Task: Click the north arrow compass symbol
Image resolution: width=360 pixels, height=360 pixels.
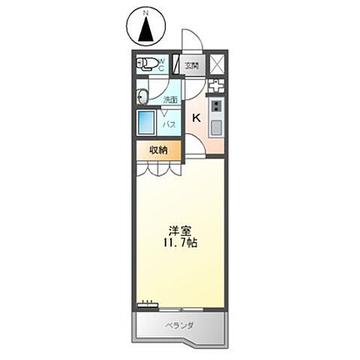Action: click(x=146, y=28)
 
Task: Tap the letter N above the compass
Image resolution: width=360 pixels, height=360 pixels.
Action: click(x=146, y=13)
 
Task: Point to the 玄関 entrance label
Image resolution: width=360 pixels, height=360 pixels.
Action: click(x=191, y=65)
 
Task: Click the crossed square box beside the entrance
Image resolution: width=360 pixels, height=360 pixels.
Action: click(x=217, y=63)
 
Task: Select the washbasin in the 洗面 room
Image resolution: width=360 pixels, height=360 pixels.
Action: click(x=142, y=95)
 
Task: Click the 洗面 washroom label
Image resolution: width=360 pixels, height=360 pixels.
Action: click(x=170, y=99)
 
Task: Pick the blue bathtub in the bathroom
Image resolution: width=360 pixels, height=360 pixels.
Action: click(x=145, y=124)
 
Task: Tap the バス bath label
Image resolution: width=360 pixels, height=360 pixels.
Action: click(x=170, y=124)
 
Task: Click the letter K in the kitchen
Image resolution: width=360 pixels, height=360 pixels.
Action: click(x=196, y=118)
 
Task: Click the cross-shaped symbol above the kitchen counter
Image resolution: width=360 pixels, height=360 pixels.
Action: click(x=216, y=85)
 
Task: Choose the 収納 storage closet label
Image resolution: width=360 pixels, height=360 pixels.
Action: click(x=157, y=150)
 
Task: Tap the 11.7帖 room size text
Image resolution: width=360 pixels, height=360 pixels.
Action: click(x=178, y=244)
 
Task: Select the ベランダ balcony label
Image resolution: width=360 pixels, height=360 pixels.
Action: click(x=179, y=325)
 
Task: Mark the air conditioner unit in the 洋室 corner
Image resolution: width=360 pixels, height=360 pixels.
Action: click(x=147, y=304)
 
